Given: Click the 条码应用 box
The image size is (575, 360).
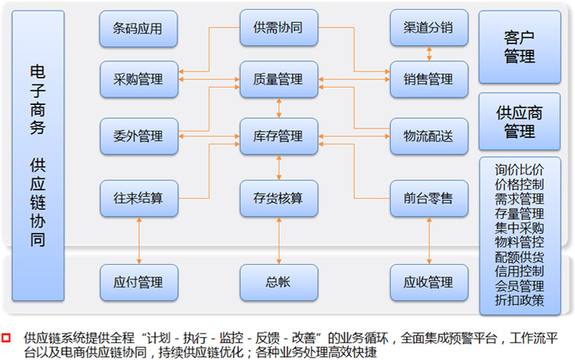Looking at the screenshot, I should point(138,30).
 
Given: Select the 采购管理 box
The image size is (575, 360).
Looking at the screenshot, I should point(138,79).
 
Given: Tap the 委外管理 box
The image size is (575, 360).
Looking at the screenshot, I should point(138,137).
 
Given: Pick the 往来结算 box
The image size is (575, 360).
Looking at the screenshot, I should point(138,199).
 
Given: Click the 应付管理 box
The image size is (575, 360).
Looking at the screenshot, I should point(138,282).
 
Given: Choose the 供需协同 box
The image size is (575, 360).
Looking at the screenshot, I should point(278,28).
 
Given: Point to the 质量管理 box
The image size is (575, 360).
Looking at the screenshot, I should point(278,79).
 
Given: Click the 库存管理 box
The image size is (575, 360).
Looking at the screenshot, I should point(278,137).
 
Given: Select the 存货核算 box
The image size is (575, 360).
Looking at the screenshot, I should point(278,199).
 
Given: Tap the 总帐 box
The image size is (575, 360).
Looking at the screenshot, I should point(278,282).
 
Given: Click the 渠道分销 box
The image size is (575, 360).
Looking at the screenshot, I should point(428,28).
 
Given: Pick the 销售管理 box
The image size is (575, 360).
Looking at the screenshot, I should point(428,79).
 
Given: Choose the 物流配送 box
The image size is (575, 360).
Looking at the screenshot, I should point(428,137).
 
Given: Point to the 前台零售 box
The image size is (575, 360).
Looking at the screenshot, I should point(428,199).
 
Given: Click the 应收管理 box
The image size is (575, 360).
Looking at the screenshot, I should point(428,282).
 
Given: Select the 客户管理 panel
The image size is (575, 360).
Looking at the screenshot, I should point(519,46).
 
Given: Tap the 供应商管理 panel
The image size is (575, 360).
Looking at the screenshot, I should point(519,122).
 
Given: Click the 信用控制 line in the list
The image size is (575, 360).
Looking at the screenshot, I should point(519,272).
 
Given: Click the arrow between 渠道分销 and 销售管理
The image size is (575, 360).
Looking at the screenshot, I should point(430,53).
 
